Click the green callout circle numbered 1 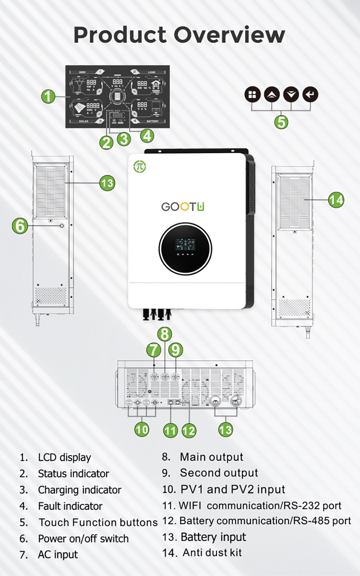pyautogui.click(x=48, y=96)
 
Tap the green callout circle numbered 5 pyautogui.click(x=281, y=122)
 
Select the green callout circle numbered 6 pyautogui.click(x=20, y=226)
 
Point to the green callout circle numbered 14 pyautogui.click(x=336, y=199)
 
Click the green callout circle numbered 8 pyautogui.click(x=165, y=334)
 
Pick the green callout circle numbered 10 pyautogui.click(x=142, y=429)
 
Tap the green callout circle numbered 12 pyautogui.click(x=189, y=430)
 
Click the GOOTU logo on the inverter pyautogui.click(x=183, y=207)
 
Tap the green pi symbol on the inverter pyautogui.click(x=140, y=167)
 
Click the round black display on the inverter pyautogui.click(x=185, y=249)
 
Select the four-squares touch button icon pyautogui.click(x=252, y=95)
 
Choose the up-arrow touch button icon pyautogui.click(x=272, y=95)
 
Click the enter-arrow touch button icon pyautogui.click(x=310, y=95)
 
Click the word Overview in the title pyautogui.click(x=229, y=35)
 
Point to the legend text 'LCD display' pyautogui.click(x=64, y=458)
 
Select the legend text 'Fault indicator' pyautogui.click(x=70, y=506)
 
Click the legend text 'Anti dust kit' pyautogui.click(x=212, y=553)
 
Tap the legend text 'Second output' pyautogui.click(x=219, y=473)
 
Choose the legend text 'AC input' pyautogui.click(x=58, y=555)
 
